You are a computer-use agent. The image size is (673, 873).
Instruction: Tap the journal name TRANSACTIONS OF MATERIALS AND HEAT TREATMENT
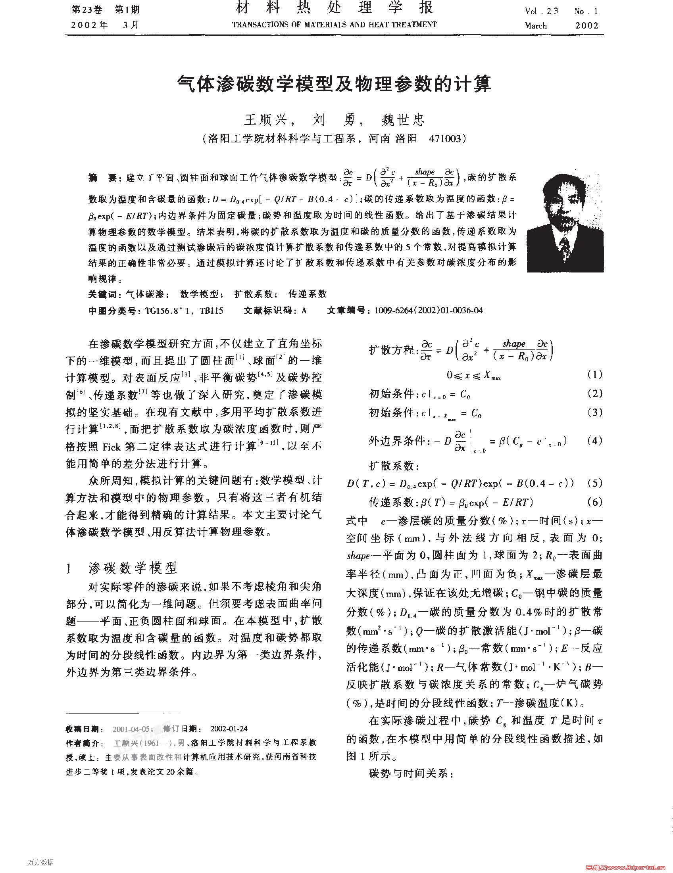(x=334, y=25)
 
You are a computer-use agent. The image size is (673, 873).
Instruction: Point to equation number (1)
(x=594, y=374)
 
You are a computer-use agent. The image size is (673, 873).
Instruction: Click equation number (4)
(x=594, y=441)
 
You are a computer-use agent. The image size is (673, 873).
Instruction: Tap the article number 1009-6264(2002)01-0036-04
(x=428, y=311)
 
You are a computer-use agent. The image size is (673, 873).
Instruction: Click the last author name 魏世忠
(x=403, y=119)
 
